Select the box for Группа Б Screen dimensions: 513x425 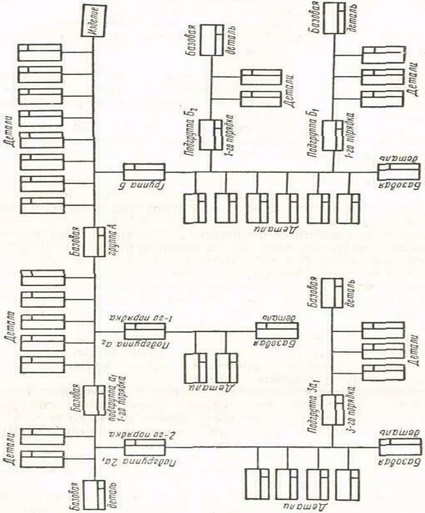tap(142, 172)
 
